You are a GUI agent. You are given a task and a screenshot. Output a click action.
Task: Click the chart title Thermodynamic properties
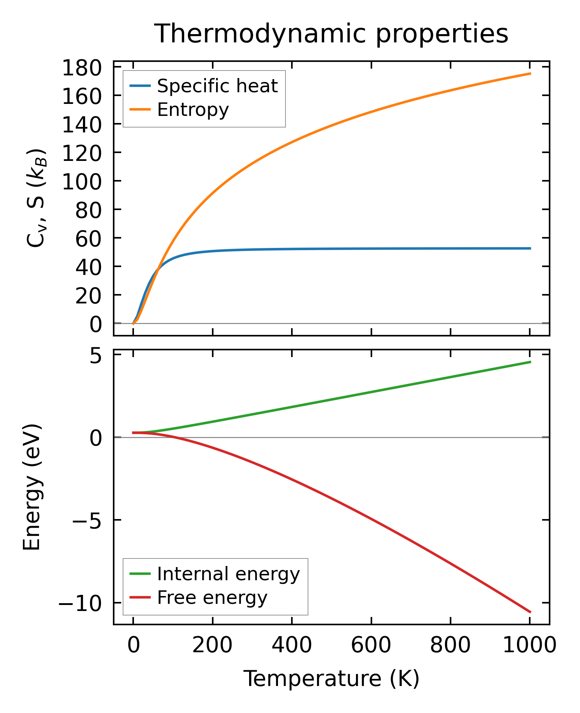coord(331,34)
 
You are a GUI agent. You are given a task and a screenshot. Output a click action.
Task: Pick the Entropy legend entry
coord(193,110)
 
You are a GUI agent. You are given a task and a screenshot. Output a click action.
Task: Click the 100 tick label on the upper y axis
coord(82,182)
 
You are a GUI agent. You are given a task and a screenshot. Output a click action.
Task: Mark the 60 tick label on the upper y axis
coord(89,239)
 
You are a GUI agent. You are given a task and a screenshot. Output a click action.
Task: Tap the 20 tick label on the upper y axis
coord(89,296)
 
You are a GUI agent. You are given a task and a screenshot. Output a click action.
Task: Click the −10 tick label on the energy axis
coord(80,603)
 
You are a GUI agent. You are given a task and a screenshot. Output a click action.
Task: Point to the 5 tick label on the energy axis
coord(96,355)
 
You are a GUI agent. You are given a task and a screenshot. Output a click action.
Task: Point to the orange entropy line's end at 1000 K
coord(530,74)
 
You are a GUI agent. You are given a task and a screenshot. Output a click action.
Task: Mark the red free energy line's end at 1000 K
coord(530,612)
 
